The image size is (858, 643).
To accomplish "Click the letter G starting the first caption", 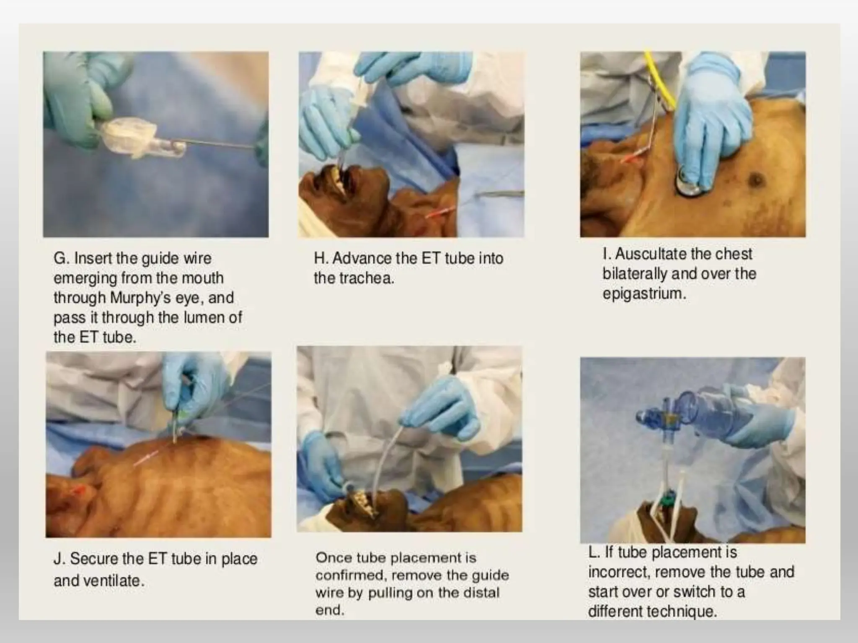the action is (x=60, y=258).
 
